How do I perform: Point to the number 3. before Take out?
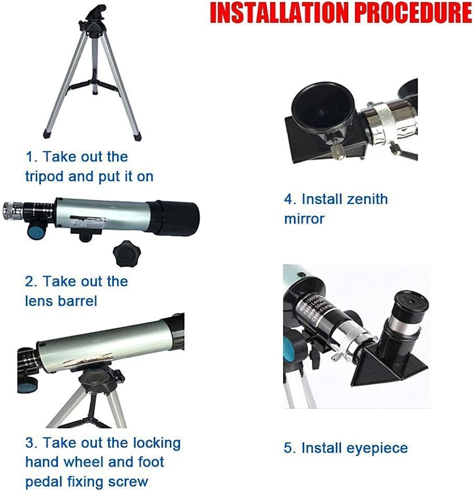click(31, 443)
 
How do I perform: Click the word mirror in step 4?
click(304, 218)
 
